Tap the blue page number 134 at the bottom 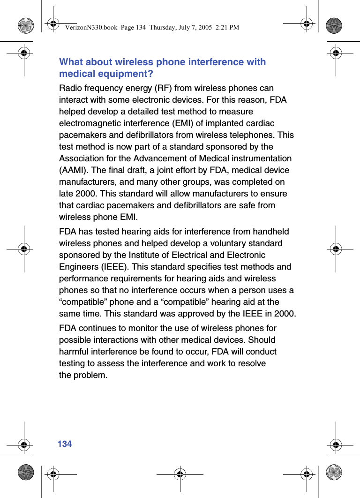click(x=65, y=444)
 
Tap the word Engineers click(x=77, y=267)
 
